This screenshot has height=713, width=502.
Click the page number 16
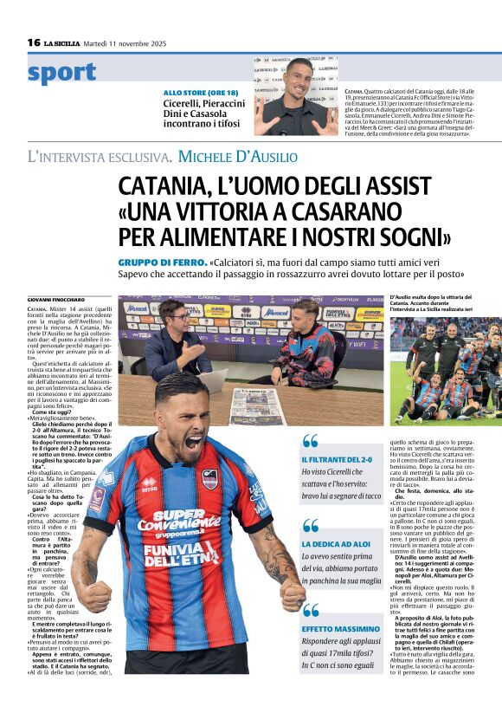(34, 42)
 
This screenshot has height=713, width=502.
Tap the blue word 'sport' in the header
(61, 74)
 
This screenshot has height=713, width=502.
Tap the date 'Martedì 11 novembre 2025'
(125, 42)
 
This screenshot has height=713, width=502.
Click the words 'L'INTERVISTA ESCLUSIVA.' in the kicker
(100, 157)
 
